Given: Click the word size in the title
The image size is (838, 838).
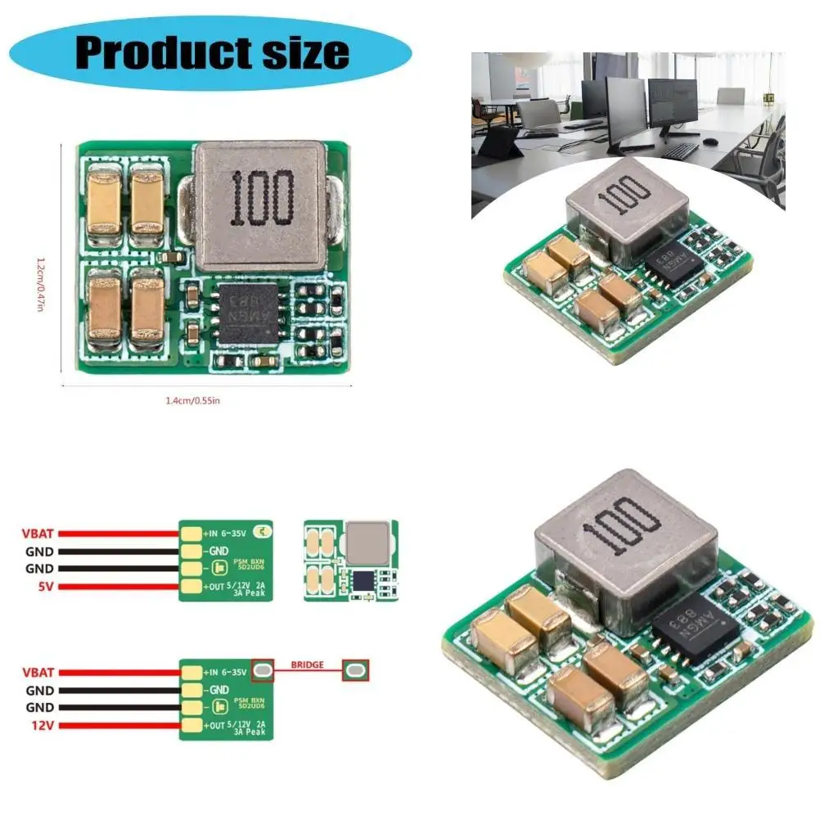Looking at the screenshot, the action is tap(304, 52).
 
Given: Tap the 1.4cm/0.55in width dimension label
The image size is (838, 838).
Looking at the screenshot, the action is tap(192, 400).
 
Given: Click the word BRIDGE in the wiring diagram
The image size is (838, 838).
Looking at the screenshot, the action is tap(307, 665).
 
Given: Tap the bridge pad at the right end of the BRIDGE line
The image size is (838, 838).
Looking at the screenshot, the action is tap(356, 671).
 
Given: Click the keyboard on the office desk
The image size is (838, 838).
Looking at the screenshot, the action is tap(679, 151).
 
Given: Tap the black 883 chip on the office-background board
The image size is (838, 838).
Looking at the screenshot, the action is tap(673, 264).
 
